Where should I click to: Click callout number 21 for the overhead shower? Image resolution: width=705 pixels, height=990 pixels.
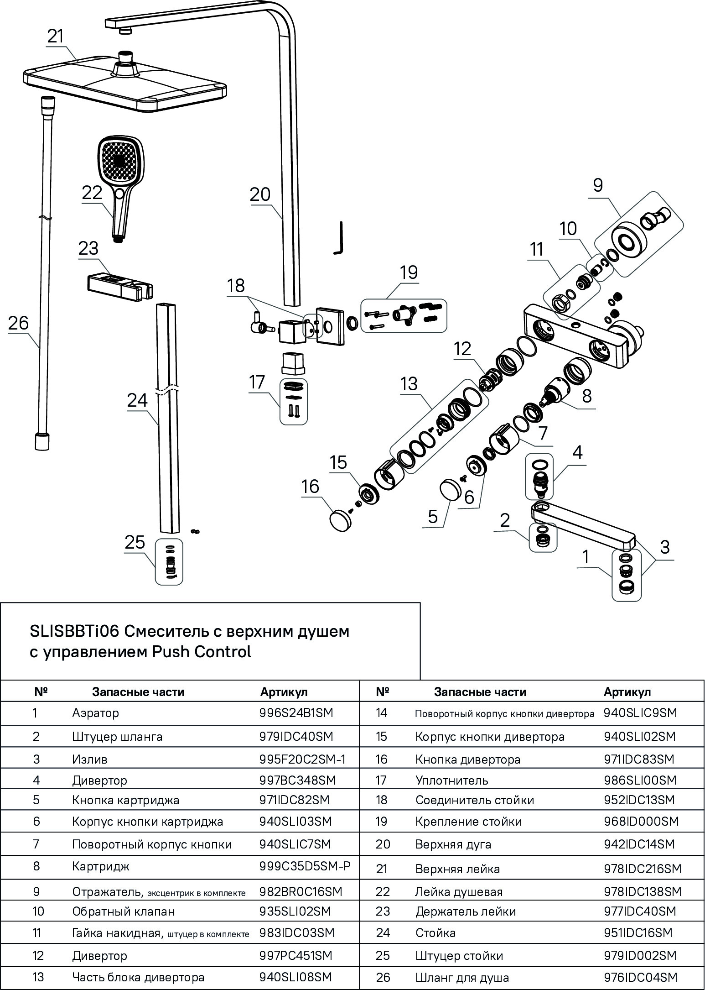[x=56, y=37]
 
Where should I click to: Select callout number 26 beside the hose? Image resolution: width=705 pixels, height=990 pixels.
[x=18, y=323]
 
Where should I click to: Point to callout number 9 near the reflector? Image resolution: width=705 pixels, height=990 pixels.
[x=598, y=185]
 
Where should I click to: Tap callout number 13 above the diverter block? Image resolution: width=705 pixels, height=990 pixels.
[x=409, y=384]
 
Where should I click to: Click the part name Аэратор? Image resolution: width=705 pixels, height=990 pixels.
[x=95, y=713]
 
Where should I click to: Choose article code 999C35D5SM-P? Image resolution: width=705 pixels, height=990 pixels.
[x=305, y=866]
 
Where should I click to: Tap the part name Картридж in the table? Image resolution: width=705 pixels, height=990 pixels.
[x=100, y=866]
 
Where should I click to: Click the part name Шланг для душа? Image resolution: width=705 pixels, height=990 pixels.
[x=461, y=978]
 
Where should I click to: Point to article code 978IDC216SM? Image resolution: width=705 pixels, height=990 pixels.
[x=642, y=869]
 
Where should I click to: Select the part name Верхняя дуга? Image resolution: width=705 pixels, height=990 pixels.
[x=453, y=844]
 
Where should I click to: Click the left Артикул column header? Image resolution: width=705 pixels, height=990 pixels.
[x=284, y=692]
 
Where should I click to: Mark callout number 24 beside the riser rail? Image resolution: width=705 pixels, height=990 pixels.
[x=137, y=400]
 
